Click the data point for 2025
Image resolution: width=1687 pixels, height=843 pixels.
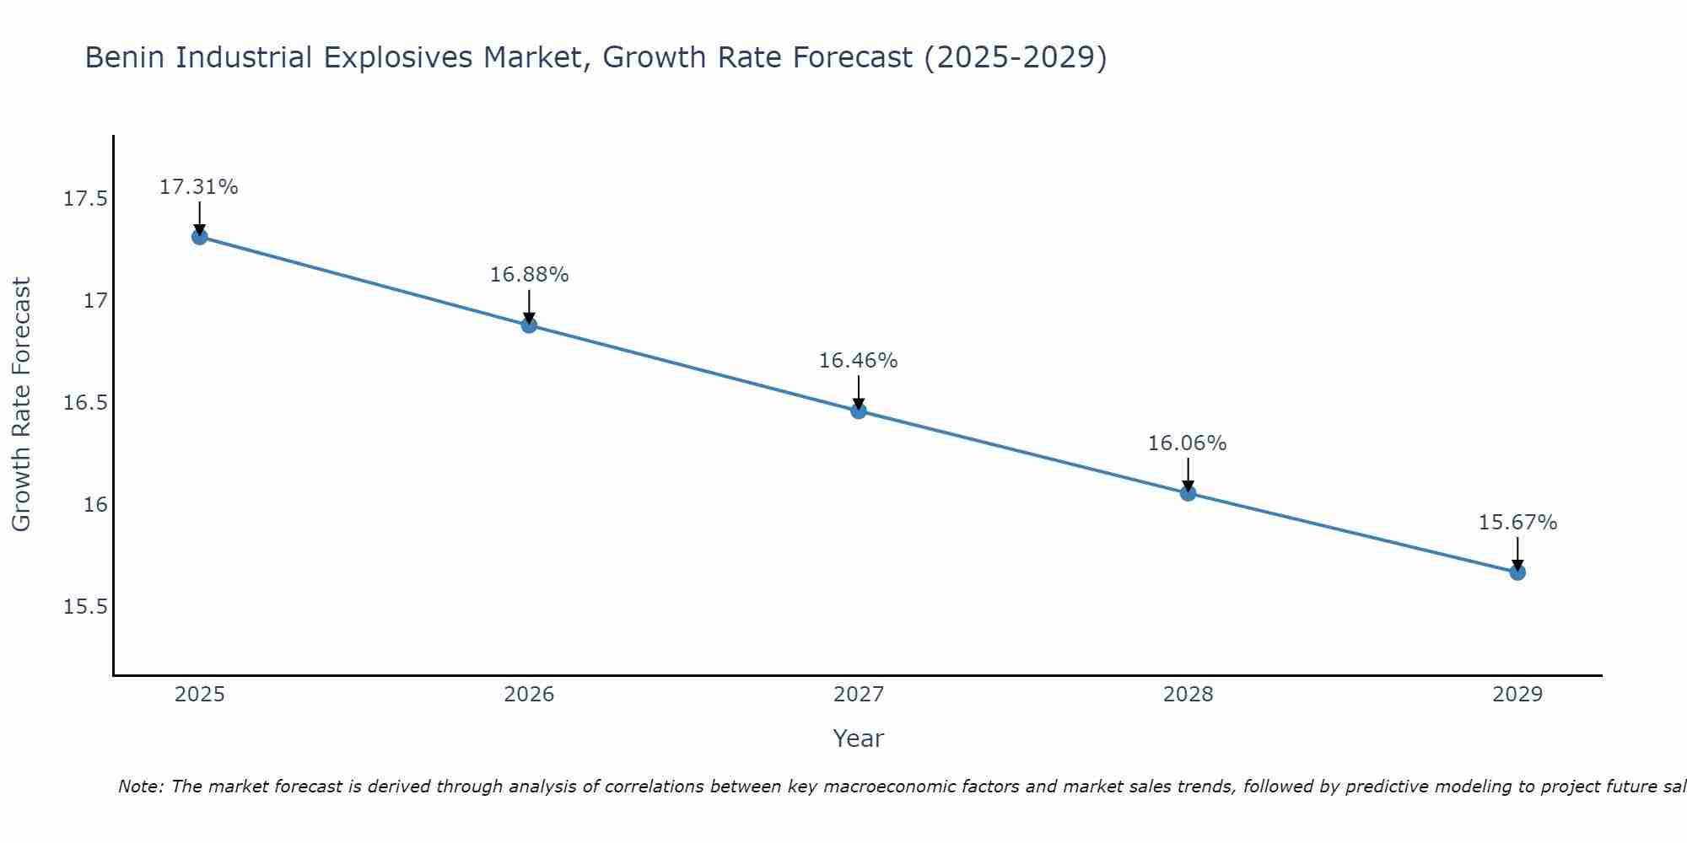pos(200,237)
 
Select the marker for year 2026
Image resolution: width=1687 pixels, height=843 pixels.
pos(529,325)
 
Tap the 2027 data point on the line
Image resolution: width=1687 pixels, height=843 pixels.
pos(859,411)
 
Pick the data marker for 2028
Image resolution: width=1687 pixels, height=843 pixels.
pos(1188,492)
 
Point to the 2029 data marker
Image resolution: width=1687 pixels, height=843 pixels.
pos(1517,572)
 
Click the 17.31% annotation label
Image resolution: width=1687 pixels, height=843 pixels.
pos(199,187)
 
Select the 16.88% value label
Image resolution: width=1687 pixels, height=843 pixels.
pos(529,275)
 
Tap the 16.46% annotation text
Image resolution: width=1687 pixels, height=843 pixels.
pos(858,361)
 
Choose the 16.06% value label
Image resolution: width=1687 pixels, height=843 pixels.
pos(1187,443)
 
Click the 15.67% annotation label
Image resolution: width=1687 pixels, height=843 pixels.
pos(1517,523)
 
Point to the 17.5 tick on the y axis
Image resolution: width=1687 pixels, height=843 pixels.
pos(85,199)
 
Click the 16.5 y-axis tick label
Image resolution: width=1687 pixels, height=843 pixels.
pos(85,403)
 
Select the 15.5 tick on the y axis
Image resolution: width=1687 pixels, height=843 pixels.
pos(85,607)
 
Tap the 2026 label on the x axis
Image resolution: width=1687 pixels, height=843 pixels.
pos(529,695)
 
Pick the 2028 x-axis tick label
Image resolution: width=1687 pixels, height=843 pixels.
pos(1188,695)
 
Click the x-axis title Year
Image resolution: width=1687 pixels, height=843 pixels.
pos(858,738)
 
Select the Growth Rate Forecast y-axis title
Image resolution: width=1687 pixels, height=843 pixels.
pos(21,404)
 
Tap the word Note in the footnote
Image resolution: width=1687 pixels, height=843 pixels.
pos(140,787)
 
